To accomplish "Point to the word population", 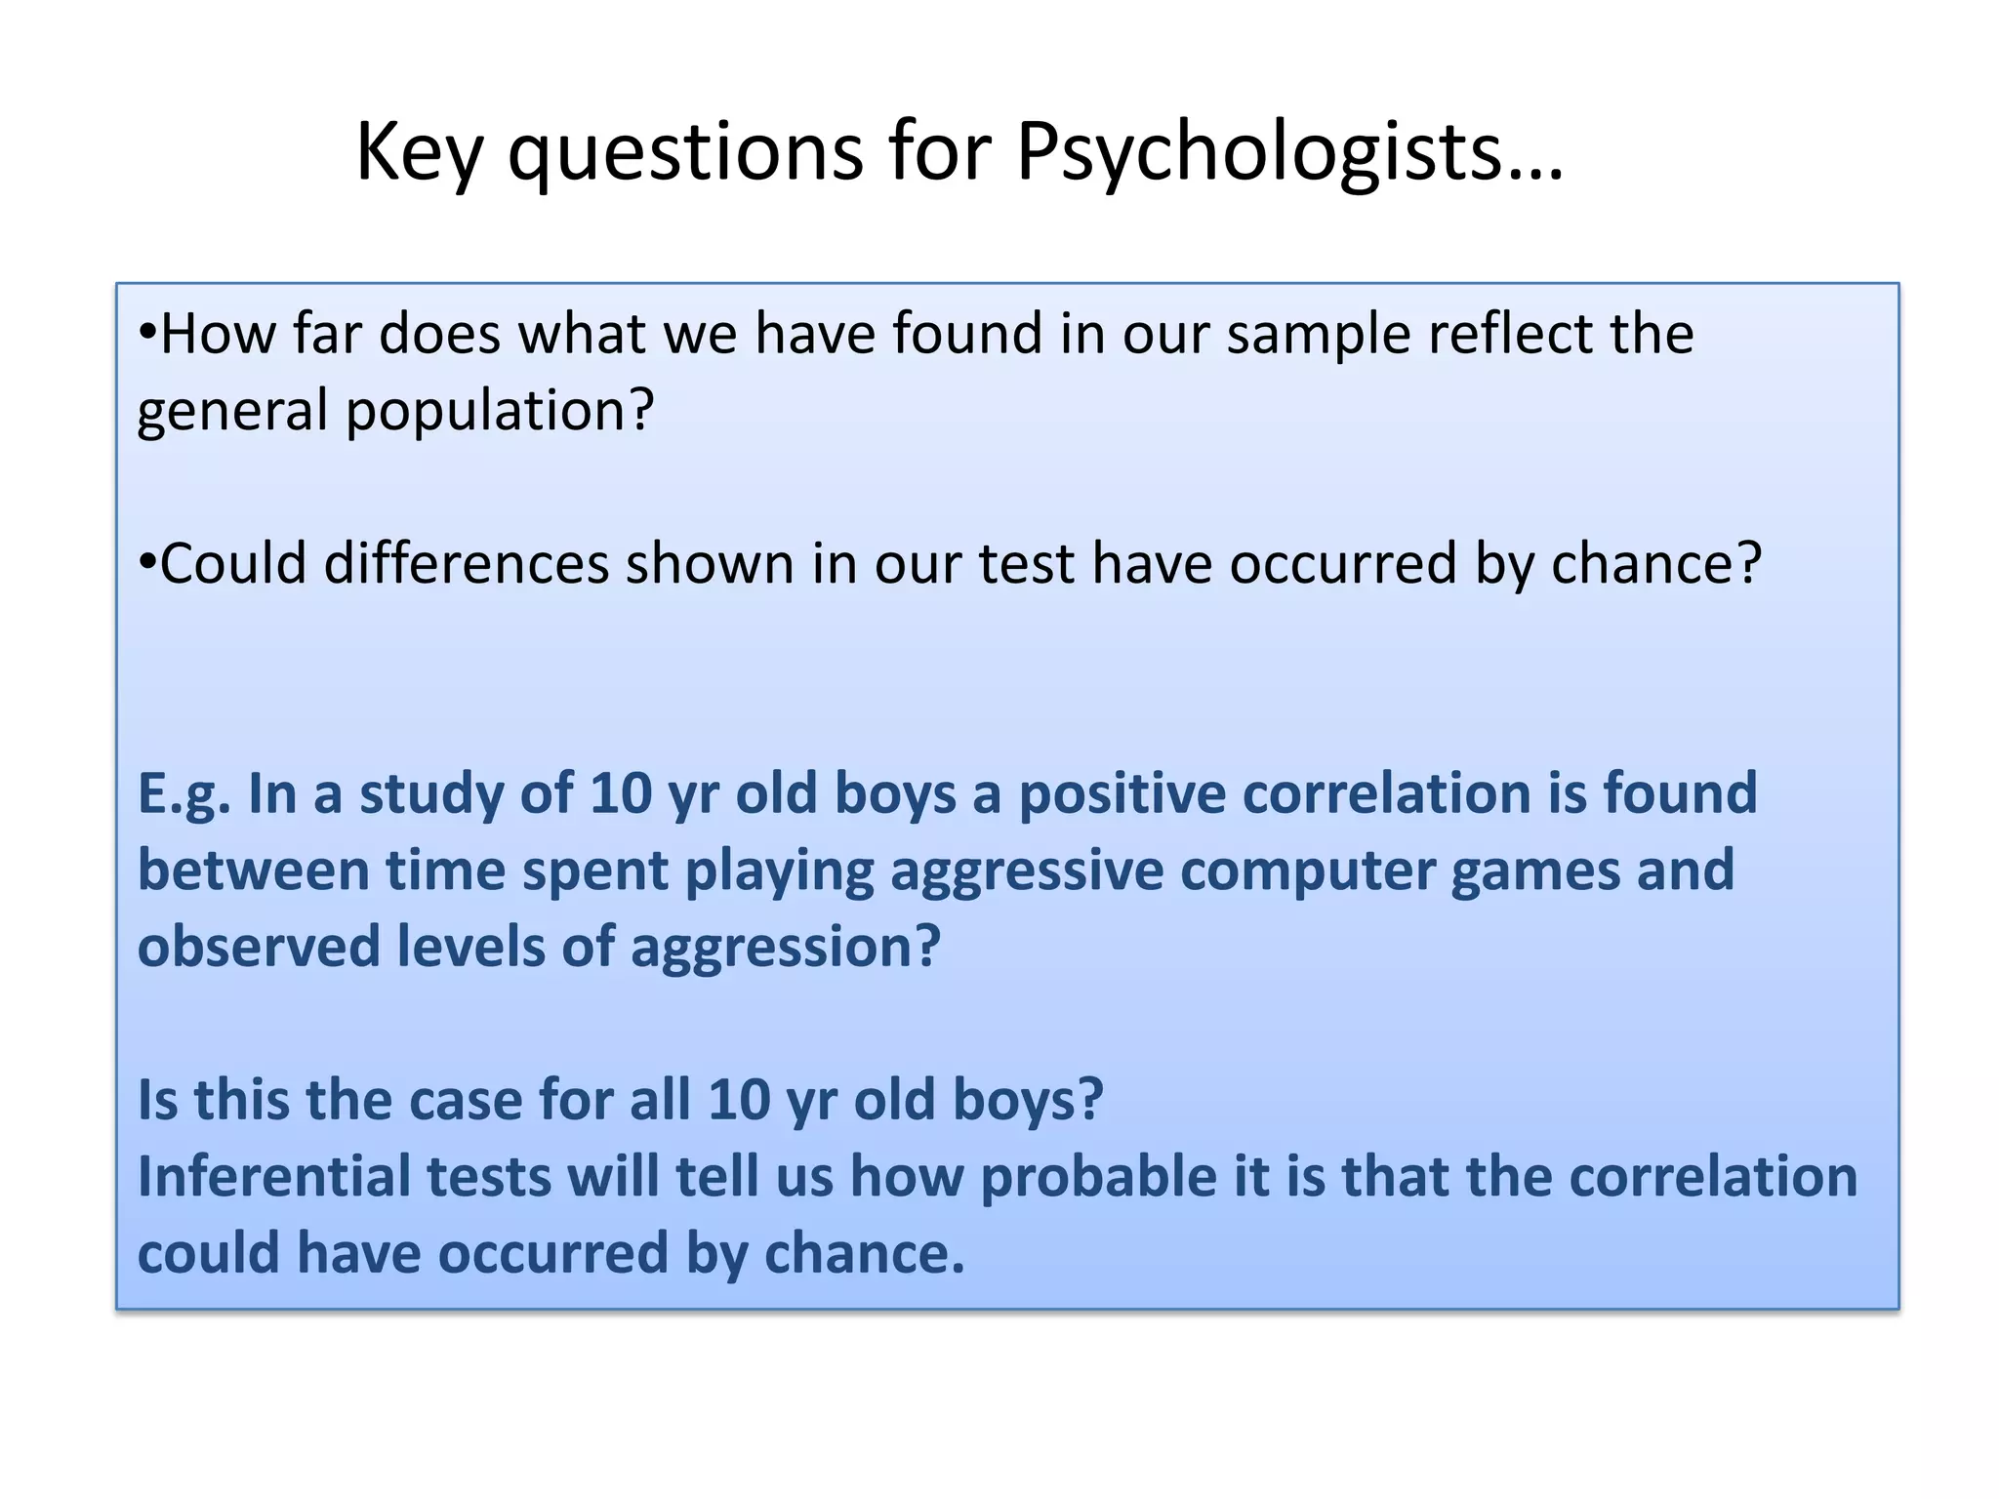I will click(x=499, y=412).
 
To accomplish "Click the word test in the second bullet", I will click(x=1026, y=564).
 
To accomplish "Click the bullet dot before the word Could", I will click(x=147, y=563).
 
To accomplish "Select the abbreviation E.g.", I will click(x=184, y=794).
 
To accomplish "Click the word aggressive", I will click(x=1026, y=871).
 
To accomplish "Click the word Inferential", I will click(x=274, y=1177).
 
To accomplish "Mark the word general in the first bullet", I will click(x=232, y=412).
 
